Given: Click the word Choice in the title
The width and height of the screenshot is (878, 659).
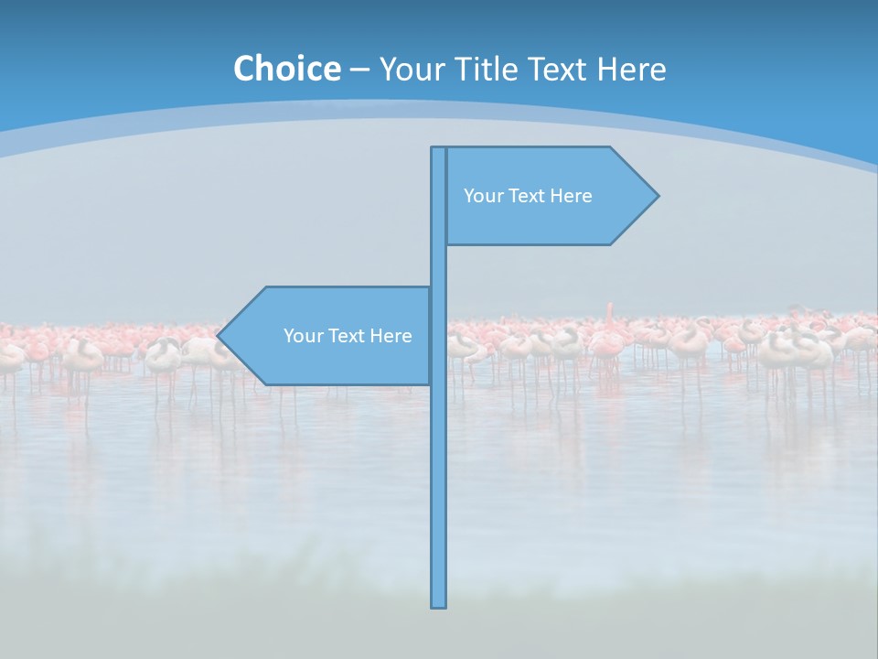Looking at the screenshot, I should click(x=286, y=69).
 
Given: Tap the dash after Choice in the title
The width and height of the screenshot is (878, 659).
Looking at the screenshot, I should click(x=359, y=70).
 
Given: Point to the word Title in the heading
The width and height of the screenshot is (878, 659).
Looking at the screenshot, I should click(x=489, y=69).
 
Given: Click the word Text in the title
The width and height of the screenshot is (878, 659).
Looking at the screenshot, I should click(x=561, y=69).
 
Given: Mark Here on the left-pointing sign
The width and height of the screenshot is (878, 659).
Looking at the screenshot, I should click(x=391, y=336).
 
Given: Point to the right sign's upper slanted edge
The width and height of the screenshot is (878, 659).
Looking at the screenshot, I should click(x=634, y=170).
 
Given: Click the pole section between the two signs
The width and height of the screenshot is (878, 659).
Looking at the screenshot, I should click(x=438, y=265).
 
